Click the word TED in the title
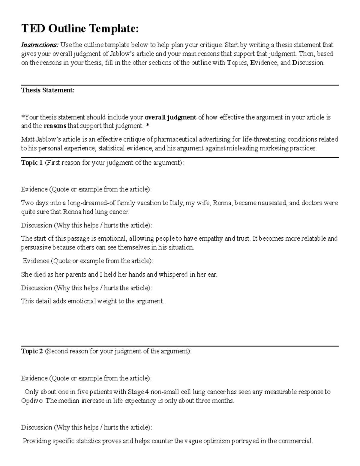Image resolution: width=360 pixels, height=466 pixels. point(33,29)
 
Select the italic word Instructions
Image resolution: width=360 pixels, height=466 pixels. point(40,45)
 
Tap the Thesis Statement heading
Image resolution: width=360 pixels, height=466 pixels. point(48,90)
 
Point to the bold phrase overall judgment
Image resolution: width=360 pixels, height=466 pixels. point(170,117)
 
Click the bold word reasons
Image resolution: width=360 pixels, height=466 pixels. point(55,126)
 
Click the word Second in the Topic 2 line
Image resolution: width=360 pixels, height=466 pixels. point(56,351)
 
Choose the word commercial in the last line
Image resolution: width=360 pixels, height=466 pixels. point(295,441)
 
